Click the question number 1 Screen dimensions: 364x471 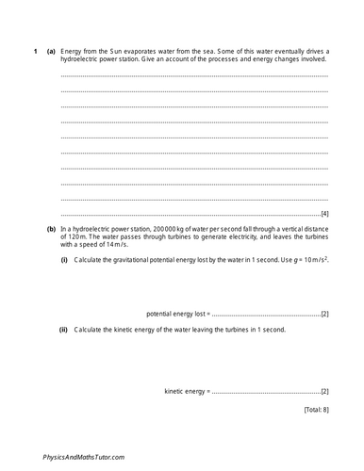(35, 50)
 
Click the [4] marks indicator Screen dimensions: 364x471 (323, 214)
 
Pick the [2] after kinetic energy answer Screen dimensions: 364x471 (323, 390)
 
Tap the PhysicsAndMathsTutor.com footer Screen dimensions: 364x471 (85, 456)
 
